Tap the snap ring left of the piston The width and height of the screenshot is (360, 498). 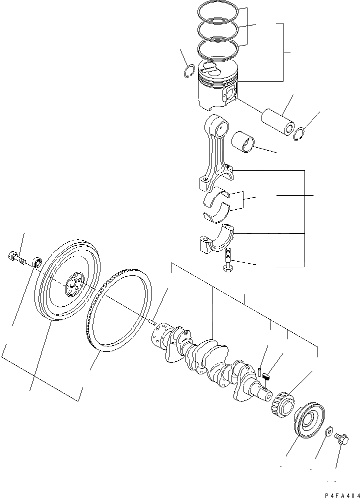188,72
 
